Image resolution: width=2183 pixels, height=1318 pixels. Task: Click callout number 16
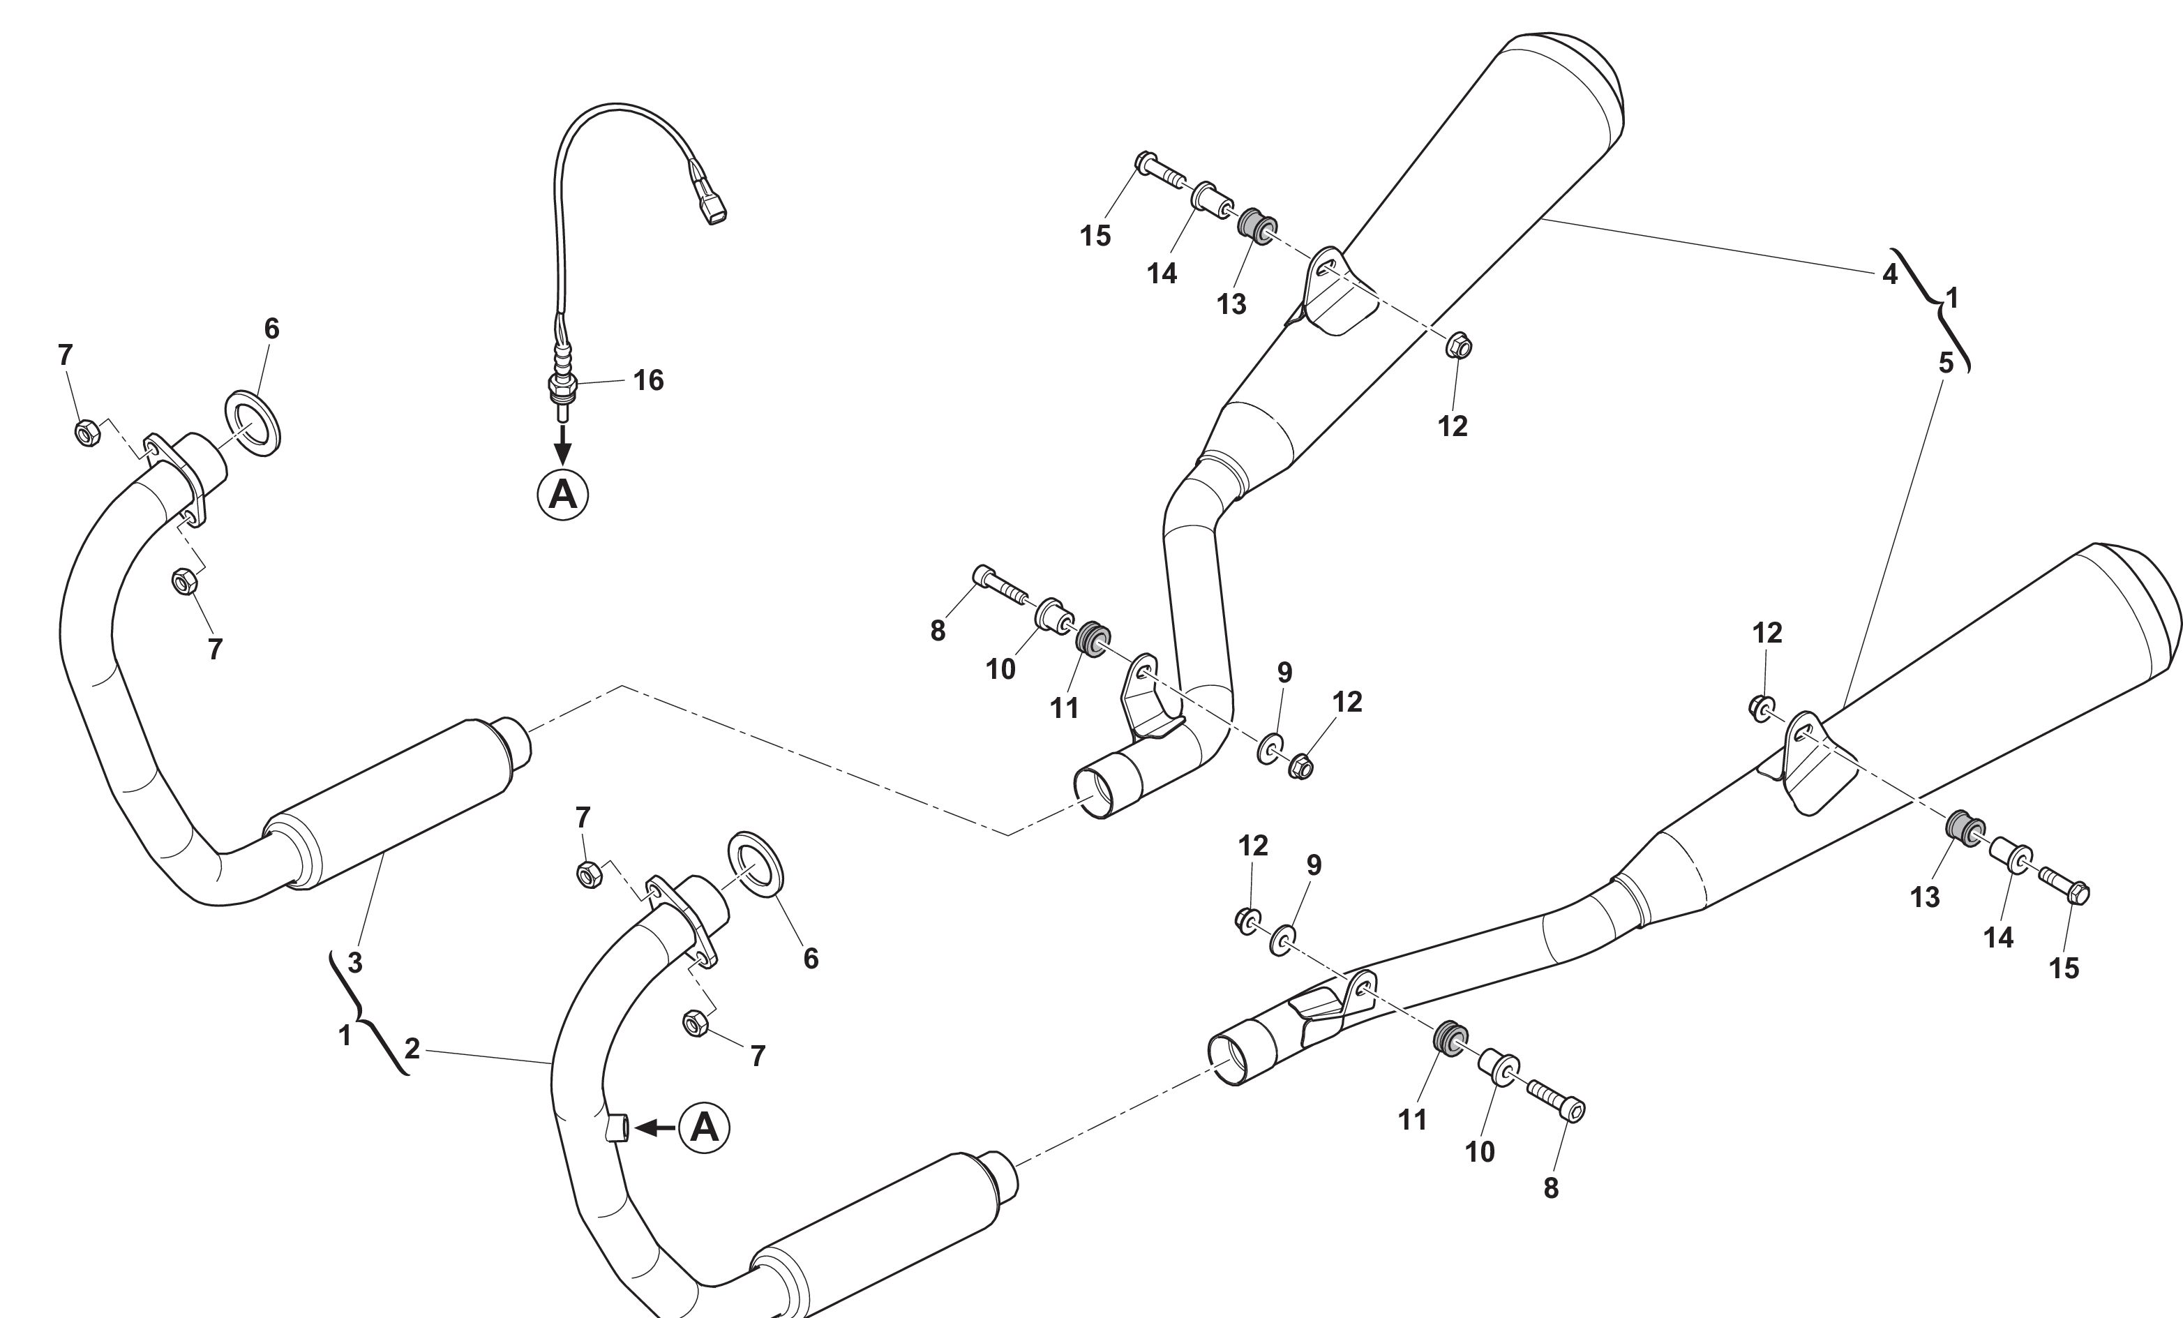(647, 380)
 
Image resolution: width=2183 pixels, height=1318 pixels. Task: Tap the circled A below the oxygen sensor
(562, 494)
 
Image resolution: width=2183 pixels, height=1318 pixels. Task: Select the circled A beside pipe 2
(703, 1128)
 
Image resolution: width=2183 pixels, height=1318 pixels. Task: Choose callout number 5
(1946, 362)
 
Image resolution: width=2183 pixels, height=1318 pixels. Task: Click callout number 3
(354, 962)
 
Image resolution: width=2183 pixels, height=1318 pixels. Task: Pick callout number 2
(412, 1049)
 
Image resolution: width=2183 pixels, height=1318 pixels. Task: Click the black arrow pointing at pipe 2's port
(656, 1128)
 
